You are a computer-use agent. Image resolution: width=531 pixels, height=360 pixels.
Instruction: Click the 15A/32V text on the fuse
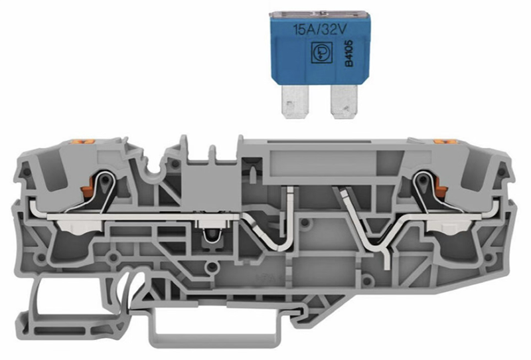(320, 30)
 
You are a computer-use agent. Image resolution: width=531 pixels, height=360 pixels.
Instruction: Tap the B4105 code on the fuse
(349, 53)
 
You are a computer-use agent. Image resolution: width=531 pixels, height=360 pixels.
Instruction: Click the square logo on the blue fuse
(320, 53)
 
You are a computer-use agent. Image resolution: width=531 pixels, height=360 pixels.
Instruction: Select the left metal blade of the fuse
(295, 102)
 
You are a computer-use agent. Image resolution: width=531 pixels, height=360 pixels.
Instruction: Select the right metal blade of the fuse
(344, 102)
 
